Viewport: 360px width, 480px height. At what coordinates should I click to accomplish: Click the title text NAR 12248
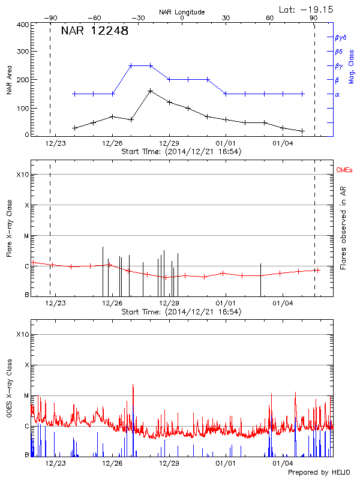[95, 31]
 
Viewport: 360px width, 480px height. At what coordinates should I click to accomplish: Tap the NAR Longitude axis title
[182, 11]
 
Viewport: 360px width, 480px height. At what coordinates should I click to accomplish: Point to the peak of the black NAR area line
[150, 91]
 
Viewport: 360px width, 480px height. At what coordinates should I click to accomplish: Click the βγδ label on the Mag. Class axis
[341, 37]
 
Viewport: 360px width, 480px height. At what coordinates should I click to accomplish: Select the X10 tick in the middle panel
[22, 175]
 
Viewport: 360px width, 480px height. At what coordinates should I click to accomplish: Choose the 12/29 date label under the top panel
[169, 143]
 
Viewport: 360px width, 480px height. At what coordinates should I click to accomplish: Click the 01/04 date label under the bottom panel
[283, 463]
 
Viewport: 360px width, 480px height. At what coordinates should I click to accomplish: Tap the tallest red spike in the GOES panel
[133, 386]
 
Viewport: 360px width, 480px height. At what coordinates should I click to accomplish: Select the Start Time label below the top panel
[181, 152]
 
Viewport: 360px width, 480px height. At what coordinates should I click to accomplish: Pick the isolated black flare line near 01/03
[260, 279]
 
